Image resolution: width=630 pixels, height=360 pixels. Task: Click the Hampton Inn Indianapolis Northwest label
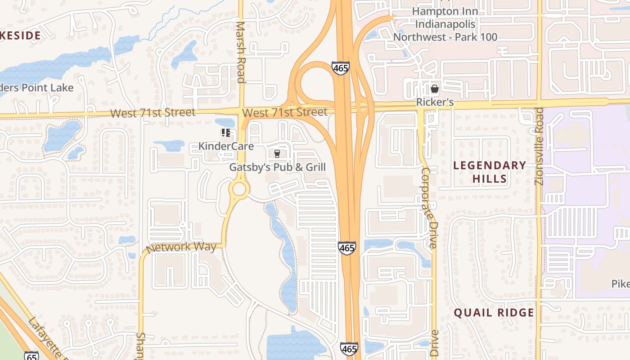(445, 24)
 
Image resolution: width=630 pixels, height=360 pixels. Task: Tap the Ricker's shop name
(435, 103)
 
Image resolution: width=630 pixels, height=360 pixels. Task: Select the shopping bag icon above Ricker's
(435, 89)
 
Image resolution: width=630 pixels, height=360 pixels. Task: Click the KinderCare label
(226, 146)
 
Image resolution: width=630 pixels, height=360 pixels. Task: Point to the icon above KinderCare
(226, 133)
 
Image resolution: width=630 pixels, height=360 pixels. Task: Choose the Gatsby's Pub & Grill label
(277, 167)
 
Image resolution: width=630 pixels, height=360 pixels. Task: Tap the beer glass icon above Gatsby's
(277, 154)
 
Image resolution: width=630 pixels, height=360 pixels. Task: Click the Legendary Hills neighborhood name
(490, 172)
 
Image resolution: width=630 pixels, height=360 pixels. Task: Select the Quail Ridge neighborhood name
(494, 313)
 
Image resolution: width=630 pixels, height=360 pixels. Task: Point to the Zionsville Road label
(540, 147)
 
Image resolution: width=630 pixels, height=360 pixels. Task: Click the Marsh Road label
(241, 52)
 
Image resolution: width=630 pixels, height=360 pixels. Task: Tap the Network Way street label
(181, 247)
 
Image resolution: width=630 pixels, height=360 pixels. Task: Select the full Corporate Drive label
(428, 208)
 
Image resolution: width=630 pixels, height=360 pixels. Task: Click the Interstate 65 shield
(31, 355)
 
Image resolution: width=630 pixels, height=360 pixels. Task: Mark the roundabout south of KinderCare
(239, 189)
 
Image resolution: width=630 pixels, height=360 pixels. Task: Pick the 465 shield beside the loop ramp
(341, 68)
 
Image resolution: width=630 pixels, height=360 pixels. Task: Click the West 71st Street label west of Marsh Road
(153, 112)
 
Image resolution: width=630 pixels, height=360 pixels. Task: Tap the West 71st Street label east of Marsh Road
(284, 112)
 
